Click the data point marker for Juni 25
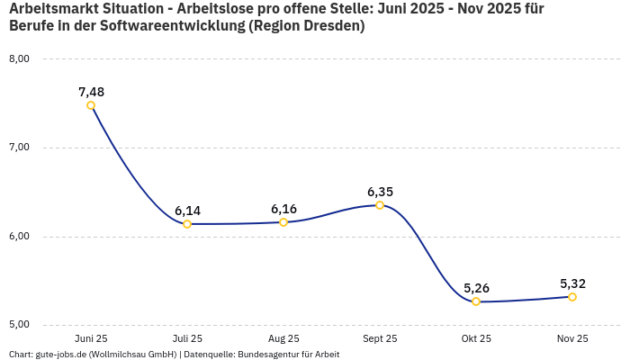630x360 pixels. tap(91, 105)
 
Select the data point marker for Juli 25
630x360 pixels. tap(187, 224)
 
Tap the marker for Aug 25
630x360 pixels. tap(283, 222)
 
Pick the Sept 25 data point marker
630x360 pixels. tap(380, 205)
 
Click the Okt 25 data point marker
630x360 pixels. tap(476, 301)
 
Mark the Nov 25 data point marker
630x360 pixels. tap(572, 297)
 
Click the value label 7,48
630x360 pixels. tap(91, 92)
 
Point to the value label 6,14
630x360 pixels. tap(187, 211)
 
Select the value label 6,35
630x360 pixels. tap(380, 192)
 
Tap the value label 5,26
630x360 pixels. tap(476, 288)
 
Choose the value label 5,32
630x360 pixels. tap(572, 283)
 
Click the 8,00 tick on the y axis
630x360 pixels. tap(19, 59)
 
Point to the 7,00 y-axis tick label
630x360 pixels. tap(19, 148)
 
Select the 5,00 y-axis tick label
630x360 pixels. tap(19, 324)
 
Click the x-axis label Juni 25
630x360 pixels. tap(91, 339)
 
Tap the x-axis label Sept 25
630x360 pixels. tap(380, 339)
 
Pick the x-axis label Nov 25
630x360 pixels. tap(572, 339)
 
